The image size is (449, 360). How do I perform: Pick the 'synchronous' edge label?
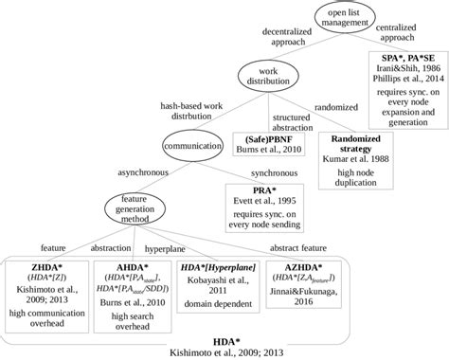click(x=261, y=173)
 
